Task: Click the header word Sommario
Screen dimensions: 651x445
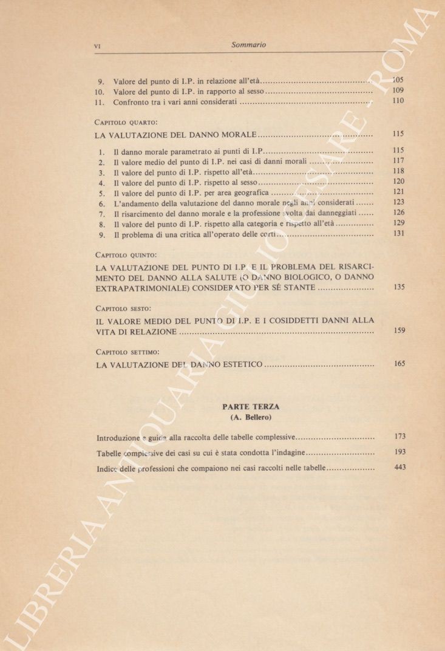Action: [249, 44]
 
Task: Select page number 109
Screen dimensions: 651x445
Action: [398, 90]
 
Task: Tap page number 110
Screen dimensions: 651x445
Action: [398, 101]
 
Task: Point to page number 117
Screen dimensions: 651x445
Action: [398, 161]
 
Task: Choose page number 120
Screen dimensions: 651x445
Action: [398, 182]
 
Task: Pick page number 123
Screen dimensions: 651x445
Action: [398, 202]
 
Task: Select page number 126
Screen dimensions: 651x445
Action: [398, 213]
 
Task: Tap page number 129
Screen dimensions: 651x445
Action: [398, 223]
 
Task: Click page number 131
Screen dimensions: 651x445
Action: [398, 233]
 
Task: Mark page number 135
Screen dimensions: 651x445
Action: [398, 287]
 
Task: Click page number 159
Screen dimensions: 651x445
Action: [398, 331]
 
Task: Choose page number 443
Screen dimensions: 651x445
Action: [399, 467]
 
